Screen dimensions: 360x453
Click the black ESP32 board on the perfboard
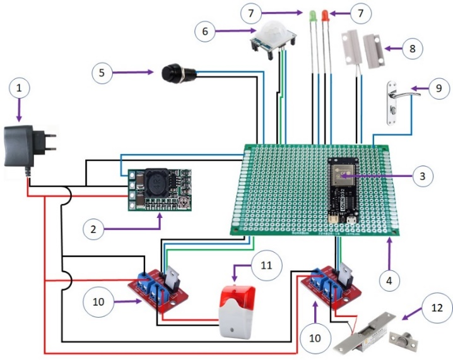344,187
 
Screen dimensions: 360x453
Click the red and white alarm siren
234,310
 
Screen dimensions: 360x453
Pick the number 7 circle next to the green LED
250,12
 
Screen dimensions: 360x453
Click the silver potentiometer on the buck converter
184,201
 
